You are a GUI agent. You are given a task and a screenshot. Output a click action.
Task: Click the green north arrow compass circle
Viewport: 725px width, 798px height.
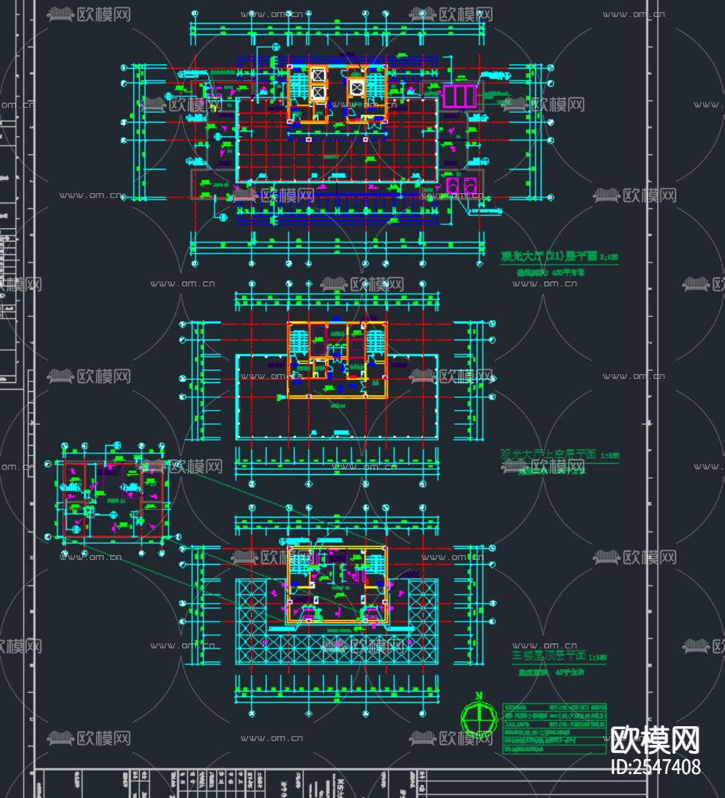click(479, 719)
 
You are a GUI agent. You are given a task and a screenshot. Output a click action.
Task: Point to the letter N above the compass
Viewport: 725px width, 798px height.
click(479, 696)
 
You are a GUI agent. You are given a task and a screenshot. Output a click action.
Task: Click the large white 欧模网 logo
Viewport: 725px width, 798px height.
click(655, 740)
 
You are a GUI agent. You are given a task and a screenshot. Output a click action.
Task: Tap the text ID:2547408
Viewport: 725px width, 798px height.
click(655, 767)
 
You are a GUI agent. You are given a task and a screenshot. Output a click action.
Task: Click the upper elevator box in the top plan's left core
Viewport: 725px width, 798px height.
click(316, 75)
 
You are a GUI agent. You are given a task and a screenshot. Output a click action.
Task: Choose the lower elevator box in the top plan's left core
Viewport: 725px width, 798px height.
click(316, 93)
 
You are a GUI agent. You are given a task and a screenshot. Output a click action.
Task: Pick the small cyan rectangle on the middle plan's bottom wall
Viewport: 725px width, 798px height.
click(341, 432)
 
